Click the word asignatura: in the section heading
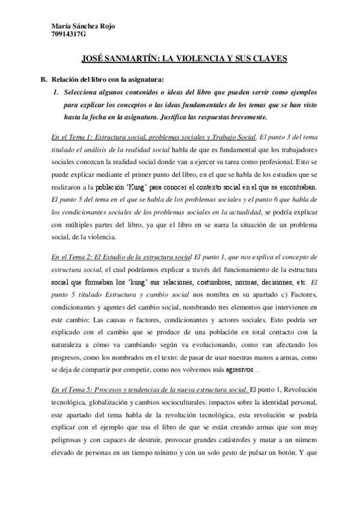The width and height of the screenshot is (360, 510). (144, 79)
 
